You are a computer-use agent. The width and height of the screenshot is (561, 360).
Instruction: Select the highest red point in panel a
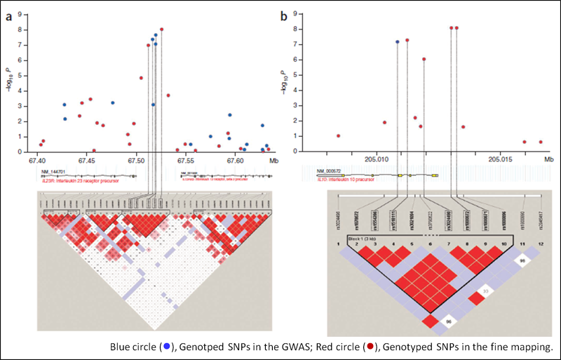coord(161,29)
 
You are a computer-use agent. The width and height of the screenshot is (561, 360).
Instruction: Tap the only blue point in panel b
coord(397,42)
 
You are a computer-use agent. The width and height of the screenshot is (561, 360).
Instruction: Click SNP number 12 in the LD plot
coord(540,243)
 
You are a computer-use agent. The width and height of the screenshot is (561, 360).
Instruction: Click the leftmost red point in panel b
coord(338,135)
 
